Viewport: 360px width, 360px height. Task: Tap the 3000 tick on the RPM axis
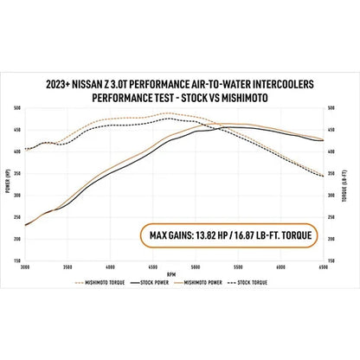tap(25, 266)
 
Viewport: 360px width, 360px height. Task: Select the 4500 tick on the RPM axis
tap(154, 266)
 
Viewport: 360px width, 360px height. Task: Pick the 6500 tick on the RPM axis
tap(325, 266)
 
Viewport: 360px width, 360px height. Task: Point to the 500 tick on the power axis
tap(18, 108)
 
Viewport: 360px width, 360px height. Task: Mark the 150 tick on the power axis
tap(18, 259)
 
